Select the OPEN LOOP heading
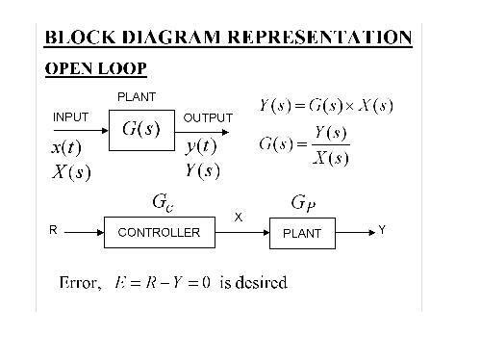coord(96,69)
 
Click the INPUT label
coord(70,117)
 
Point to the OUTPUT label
coord(208,117)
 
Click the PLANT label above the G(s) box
coord(136,97)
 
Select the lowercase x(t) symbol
coord(66,149)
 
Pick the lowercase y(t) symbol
coord(201,147)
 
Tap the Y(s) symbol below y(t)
coord(202,170)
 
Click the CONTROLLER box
coord(159,232)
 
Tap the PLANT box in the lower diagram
coord(302,233)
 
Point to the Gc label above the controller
coord(163,203)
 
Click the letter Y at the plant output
coord(382,230)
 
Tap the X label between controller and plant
coord(239,218)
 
